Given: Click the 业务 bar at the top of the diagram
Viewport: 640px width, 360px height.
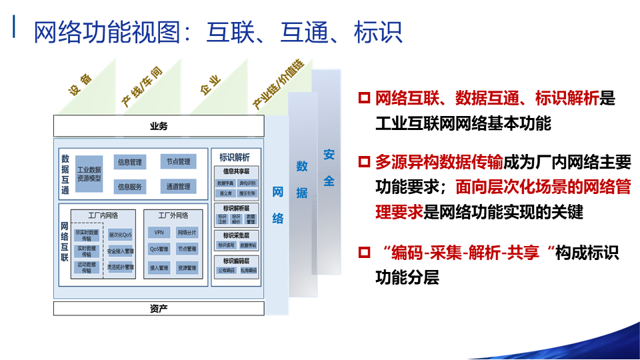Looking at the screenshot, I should click(159, 126).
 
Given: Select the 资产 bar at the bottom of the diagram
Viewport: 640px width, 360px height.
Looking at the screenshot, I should click(159, 308).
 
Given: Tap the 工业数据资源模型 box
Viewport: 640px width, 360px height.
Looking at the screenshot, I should click(89, 174).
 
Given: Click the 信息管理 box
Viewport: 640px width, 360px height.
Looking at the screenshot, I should click(130, 162).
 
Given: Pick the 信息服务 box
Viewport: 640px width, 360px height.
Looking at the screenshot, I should click(130, 187).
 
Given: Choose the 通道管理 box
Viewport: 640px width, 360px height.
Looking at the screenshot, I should click(178, 187).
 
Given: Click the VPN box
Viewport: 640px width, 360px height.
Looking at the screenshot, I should click(159, 233).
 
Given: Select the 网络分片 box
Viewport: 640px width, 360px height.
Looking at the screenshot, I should click(187, 233).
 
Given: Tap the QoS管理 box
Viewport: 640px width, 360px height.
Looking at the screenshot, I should click(159, 249).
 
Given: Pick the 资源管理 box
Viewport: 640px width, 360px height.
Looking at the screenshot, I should click(187, 267).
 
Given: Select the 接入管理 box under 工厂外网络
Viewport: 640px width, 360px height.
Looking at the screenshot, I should click(159, 267).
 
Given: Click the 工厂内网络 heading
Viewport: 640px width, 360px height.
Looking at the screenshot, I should click(103, 215).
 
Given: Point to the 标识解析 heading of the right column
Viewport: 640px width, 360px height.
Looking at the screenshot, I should click(235, 157).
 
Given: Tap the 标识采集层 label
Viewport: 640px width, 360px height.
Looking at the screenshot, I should click(236, 235).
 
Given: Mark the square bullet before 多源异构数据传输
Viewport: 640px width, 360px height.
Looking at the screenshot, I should click(363, 161).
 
